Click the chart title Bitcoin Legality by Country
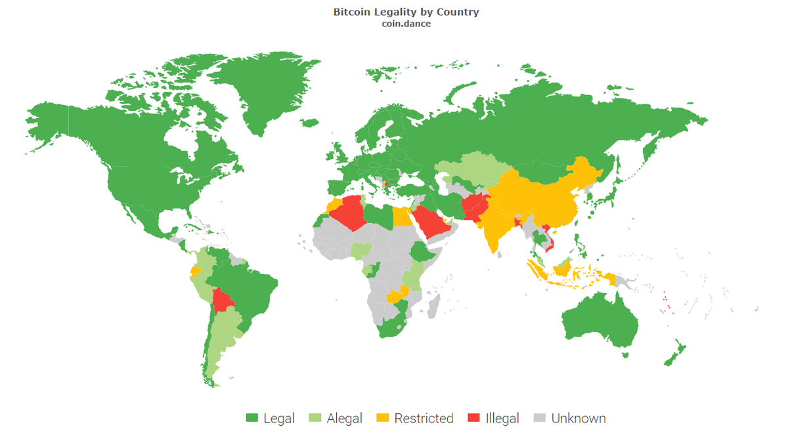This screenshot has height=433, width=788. pyautogui.click(x=406, y=12)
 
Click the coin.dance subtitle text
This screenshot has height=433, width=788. pyautogui.click(x=406, y=24)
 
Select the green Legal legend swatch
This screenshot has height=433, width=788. pyautogui.click(x=252, y=418)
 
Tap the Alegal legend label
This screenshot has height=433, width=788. pyautogui.click(x=344, y=418)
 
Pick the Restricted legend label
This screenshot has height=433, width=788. pyautogui.click(x=424, y=418)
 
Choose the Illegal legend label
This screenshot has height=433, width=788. pyautogui.click(x=502, y=418)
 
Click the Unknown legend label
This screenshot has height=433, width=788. pyautogui.click(x=578, y=418)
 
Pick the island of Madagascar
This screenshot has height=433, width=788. pyautogui.click(x=433, y=306)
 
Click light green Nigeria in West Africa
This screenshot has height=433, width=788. pyautogui.click(x=361, y=250)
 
